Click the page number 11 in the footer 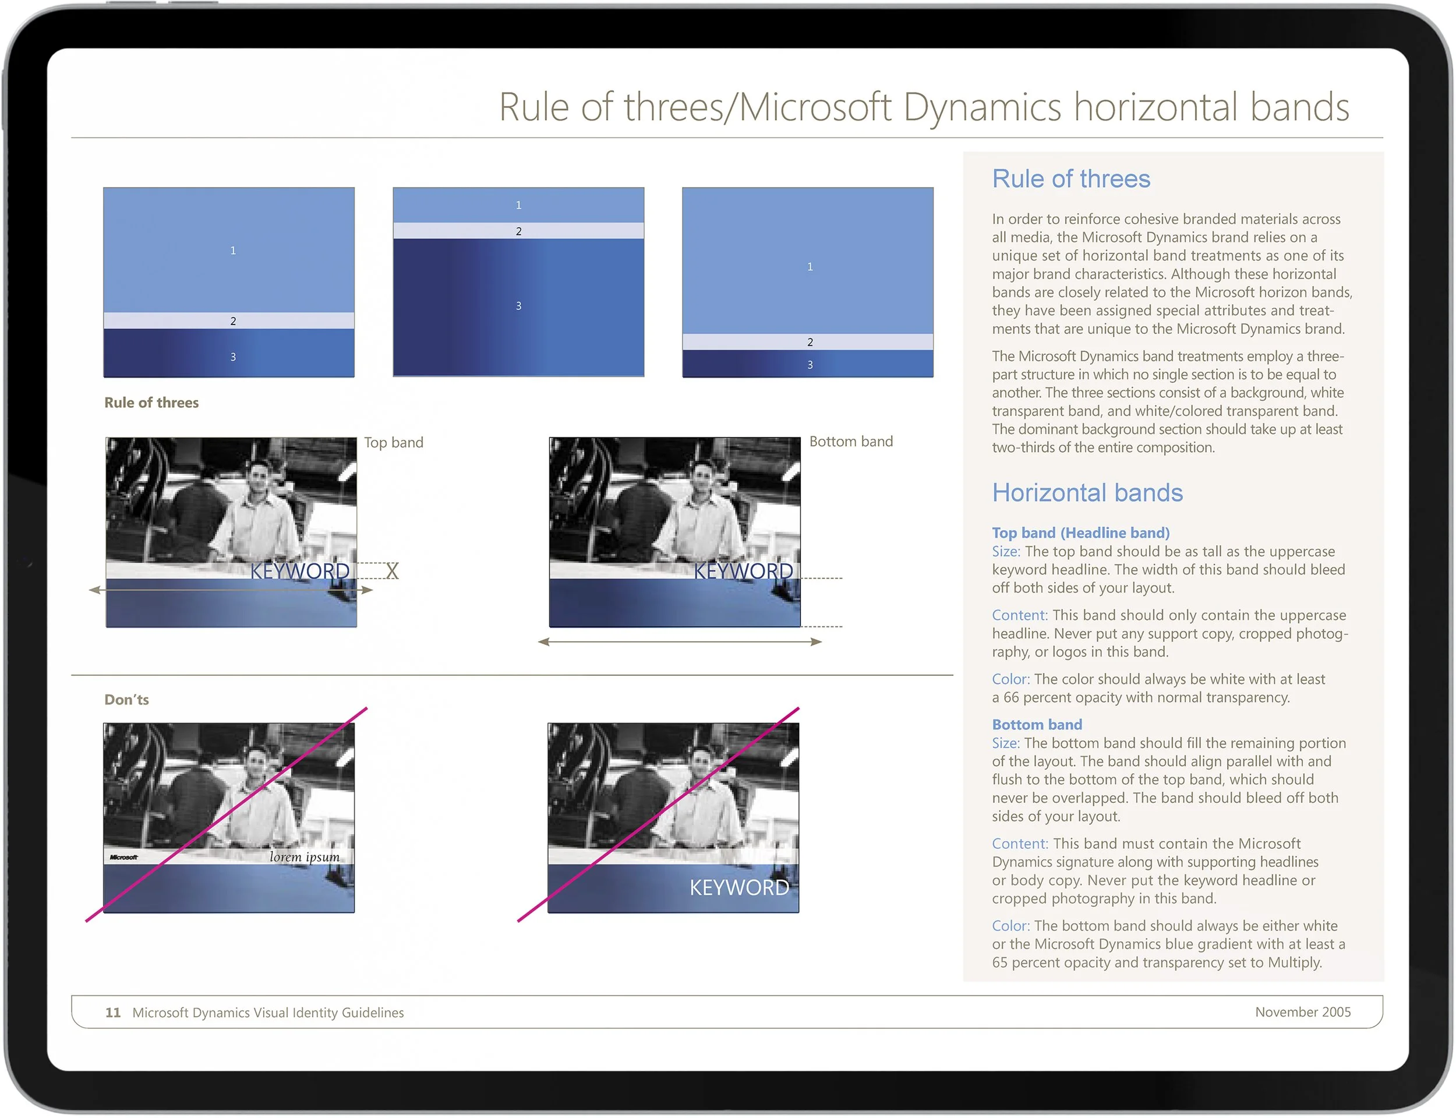pos(112,1012)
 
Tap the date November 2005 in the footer pos(1302,1011)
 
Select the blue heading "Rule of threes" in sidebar pos(1071,179)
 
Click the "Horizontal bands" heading pos(1087,492)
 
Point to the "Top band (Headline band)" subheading pos(1080,532)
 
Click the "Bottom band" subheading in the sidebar pos(1036,724)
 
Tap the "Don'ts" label pos(126,700)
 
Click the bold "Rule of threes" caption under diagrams pos(151,402)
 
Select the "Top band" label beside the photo pos(393,443)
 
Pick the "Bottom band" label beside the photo pos(851,441)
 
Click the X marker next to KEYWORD pos(393,571)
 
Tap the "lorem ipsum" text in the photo pos(304,856)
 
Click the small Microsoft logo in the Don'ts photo pos(123,857)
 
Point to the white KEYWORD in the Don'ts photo pos(739,887)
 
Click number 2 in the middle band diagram pos(519,231)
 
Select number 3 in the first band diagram pos(233,357)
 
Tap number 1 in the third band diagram pos(810,266)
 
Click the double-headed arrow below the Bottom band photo pos(680,641)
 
